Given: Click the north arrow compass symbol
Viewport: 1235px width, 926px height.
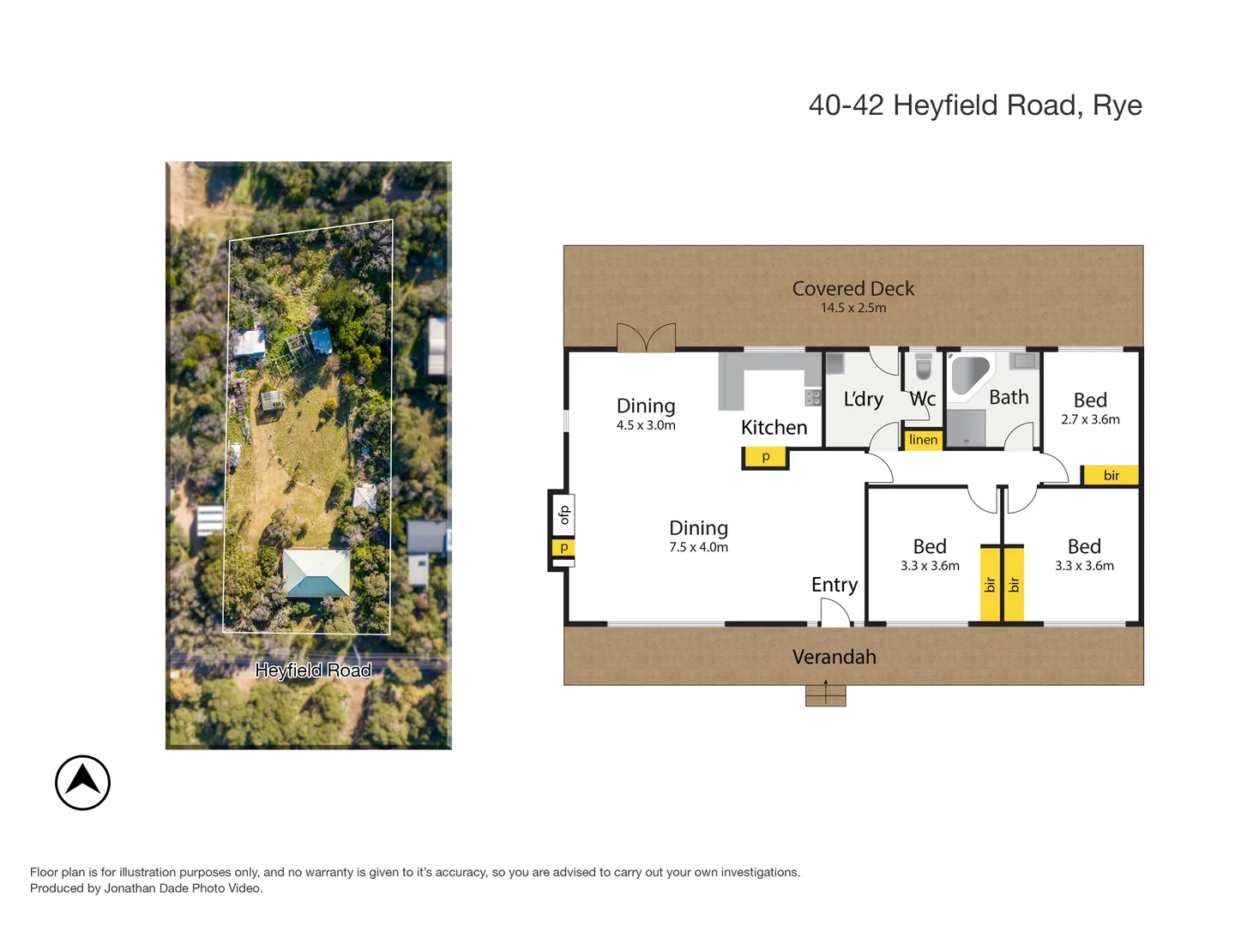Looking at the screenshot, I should [82, 782].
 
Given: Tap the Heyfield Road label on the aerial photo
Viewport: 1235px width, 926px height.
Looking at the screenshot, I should [313, 670].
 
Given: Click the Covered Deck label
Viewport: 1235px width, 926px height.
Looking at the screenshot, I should [852, 289].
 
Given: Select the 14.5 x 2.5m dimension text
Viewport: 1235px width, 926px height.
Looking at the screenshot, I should [852, 308].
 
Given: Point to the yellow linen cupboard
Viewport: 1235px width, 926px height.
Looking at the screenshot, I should [923, 440].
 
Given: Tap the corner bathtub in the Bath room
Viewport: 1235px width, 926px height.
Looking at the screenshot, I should [969, 375].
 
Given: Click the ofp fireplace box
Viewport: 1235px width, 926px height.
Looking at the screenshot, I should [563, 514].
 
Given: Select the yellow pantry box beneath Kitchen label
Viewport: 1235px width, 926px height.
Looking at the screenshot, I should [765, 458].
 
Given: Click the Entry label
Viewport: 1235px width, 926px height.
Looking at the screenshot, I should [834, 585].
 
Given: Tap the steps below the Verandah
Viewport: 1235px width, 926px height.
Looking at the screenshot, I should [825, 694].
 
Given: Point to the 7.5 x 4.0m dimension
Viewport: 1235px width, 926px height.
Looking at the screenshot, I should [698, 548].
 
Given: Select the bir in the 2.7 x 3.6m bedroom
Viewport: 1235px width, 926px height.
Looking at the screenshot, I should [1111, 475].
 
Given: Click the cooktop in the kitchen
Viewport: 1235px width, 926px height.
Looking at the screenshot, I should [812, 398].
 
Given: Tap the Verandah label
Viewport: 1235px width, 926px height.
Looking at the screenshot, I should [834, 657].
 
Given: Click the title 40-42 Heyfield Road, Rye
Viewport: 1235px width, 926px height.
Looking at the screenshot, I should [974, 105].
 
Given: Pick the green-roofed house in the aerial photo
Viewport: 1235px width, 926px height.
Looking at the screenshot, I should [316, 573].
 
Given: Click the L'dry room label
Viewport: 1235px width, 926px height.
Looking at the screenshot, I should [863, 400].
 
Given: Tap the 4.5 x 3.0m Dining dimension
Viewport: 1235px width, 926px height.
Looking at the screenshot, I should [645, 425].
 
